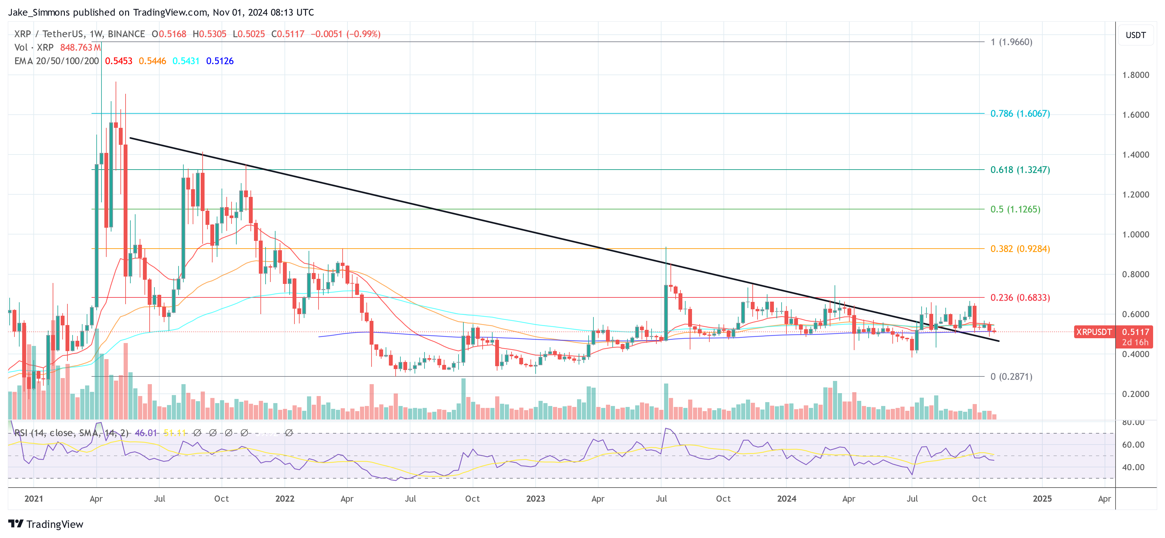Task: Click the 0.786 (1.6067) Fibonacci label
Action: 1020,114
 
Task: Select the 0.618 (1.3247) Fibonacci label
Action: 1020,170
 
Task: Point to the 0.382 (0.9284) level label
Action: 1020,249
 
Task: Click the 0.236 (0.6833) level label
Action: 1020,298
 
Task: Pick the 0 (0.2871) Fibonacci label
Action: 1011,376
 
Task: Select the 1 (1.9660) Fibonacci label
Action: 1011,42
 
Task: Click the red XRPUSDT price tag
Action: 1093,332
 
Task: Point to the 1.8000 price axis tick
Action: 1135,75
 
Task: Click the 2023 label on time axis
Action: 536,498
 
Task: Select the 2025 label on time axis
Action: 1042,498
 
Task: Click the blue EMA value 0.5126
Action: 220,61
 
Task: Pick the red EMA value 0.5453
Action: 118,61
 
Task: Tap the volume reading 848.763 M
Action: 80,48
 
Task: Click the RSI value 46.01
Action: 146,433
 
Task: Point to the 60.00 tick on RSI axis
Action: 1133,445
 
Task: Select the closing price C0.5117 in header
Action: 288,34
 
